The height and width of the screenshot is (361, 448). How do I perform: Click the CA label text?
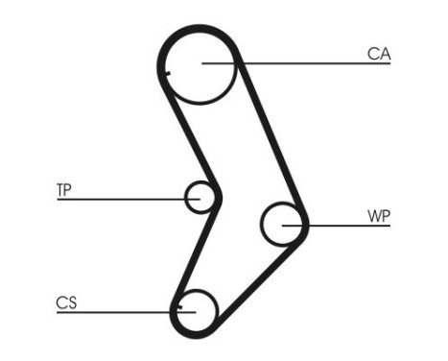[x=379, y=55]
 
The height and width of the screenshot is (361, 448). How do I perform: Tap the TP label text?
[x=63, y=190]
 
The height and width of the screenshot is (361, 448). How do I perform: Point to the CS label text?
[x=65, y=303]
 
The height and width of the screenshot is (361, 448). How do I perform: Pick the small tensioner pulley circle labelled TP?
[x=200, y=198]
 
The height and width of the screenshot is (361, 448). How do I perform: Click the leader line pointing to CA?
[x=307, y=64]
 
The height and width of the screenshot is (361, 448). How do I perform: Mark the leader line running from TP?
[x=125, y=199]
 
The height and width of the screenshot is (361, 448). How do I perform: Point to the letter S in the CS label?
[x=70, y=303]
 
